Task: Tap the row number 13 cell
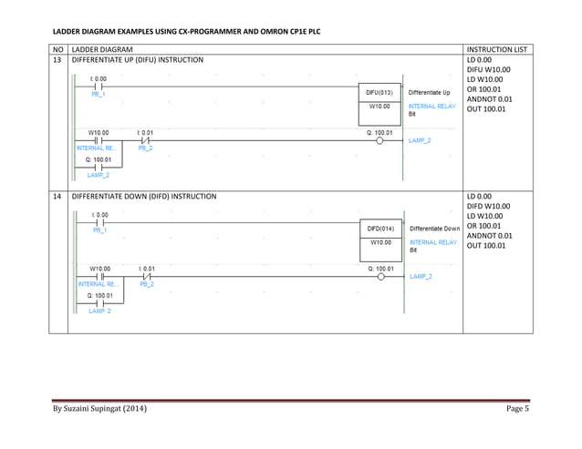point(59,59)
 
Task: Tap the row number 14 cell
point(59,196)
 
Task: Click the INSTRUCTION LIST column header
point(496,47)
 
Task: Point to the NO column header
point(59,47)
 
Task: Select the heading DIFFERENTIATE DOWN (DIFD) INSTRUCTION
point(144,196)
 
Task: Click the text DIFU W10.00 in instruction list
point(489,69)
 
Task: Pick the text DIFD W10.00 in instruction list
point(489,206)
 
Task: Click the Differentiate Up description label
point(430,92)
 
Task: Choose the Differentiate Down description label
point(434,229)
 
